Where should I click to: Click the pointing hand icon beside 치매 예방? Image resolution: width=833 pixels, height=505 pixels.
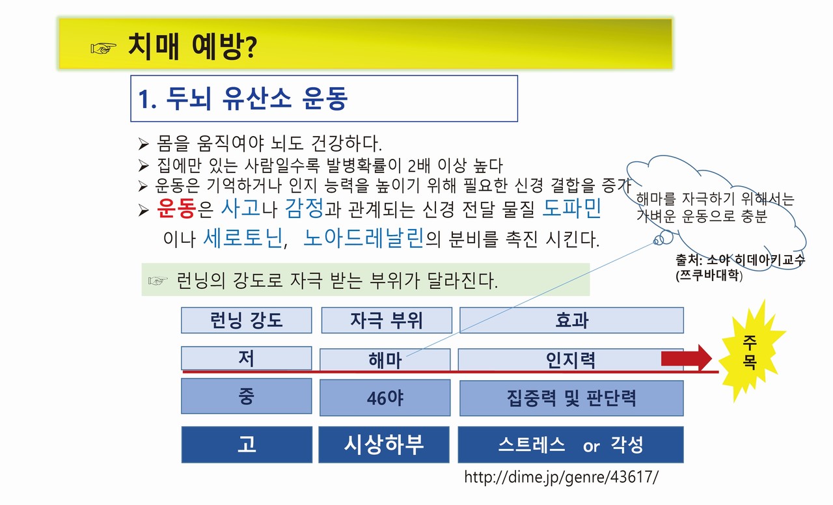pos(103,48)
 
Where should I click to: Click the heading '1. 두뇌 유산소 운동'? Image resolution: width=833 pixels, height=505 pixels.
pos(243,98)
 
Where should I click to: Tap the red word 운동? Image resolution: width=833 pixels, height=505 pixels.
pos(176,208)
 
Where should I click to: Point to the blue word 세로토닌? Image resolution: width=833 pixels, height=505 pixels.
pos(243,238)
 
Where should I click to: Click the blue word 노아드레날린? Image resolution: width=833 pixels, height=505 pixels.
pos(363,238)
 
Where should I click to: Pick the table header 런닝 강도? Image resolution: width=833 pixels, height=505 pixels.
pos(246,320)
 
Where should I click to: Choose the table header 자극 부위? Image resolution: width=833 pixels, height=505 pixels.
pos(387,320)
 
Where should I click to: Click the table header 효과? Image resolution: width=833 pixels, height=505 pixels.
pos(571,320)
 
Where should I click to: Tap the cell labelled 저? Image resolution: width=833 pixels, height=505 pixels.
pos(246,358)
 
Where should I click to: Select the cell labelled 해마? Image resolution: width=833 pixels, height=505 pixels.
pos(385,360)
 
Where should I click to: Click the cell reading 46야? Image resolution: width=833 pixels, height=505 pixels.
pos(385,398)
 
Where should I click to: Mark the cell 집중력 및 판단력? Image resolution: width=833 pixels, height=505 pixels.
pos(571,398)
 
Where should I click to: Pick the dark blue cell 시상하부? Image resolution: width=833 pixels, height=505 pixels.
pos(384,444)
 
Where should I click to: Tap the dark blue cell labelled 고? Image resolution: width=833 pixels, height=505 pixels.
pos(247,444)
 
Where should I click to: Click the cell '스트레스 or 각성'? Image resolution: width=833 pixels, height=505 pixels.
pos(571,444)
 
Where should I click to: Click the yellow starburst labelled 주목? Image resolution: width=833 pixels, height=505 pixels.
pos(750,351)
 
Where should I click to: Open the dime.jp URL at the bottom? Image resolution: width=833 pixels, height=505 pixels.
pos(561,477)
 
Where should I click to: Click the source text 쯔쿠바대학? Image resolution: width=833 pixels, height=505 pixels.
pos(709,275)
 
